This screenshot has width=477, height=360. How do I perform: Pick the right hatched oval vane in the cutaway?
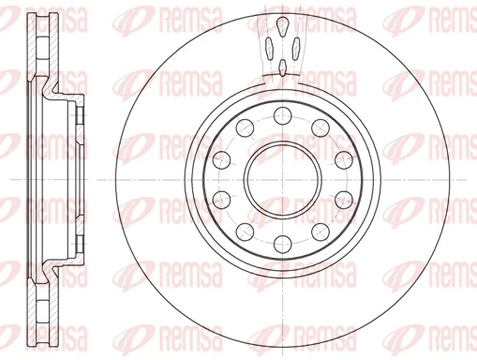(295, 42)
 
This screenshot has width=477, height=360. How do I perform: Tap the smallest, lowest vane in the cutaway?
(283, 67)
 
